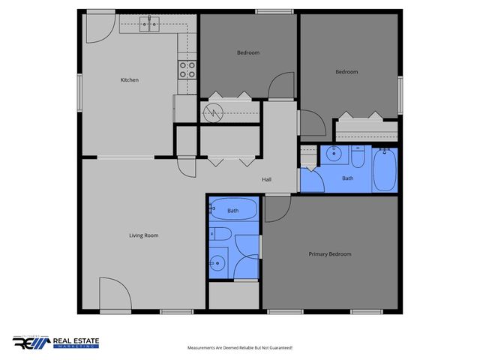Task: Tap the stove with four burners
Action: [x=187, y=70]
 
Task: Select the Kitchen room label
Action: [x=130, y=80]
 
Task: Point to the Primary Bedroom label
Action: [x=330, y=254]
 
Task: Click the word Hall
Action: [x=266, y=180]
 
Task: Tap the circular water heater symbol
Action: [x=212, y=112]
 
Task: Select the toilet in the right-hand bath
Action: [x=358, y=158]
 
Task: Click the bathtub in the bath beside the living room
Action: [x=233, y=211]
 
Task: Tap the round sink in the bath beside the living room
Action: [x=217, y=262]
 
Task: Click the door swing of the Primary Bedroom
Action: [x=274, y=209]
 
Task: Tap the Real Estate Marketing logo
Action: [x=55, y=343]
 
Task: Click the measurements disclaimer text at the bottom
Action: [x=239, y=348]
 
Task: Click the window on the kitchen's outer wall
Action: [x=80, y=90]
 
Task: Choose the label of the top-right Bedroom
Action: [x=346, y=72]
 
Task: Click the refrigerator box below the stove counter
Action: [x=184, y=107]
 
